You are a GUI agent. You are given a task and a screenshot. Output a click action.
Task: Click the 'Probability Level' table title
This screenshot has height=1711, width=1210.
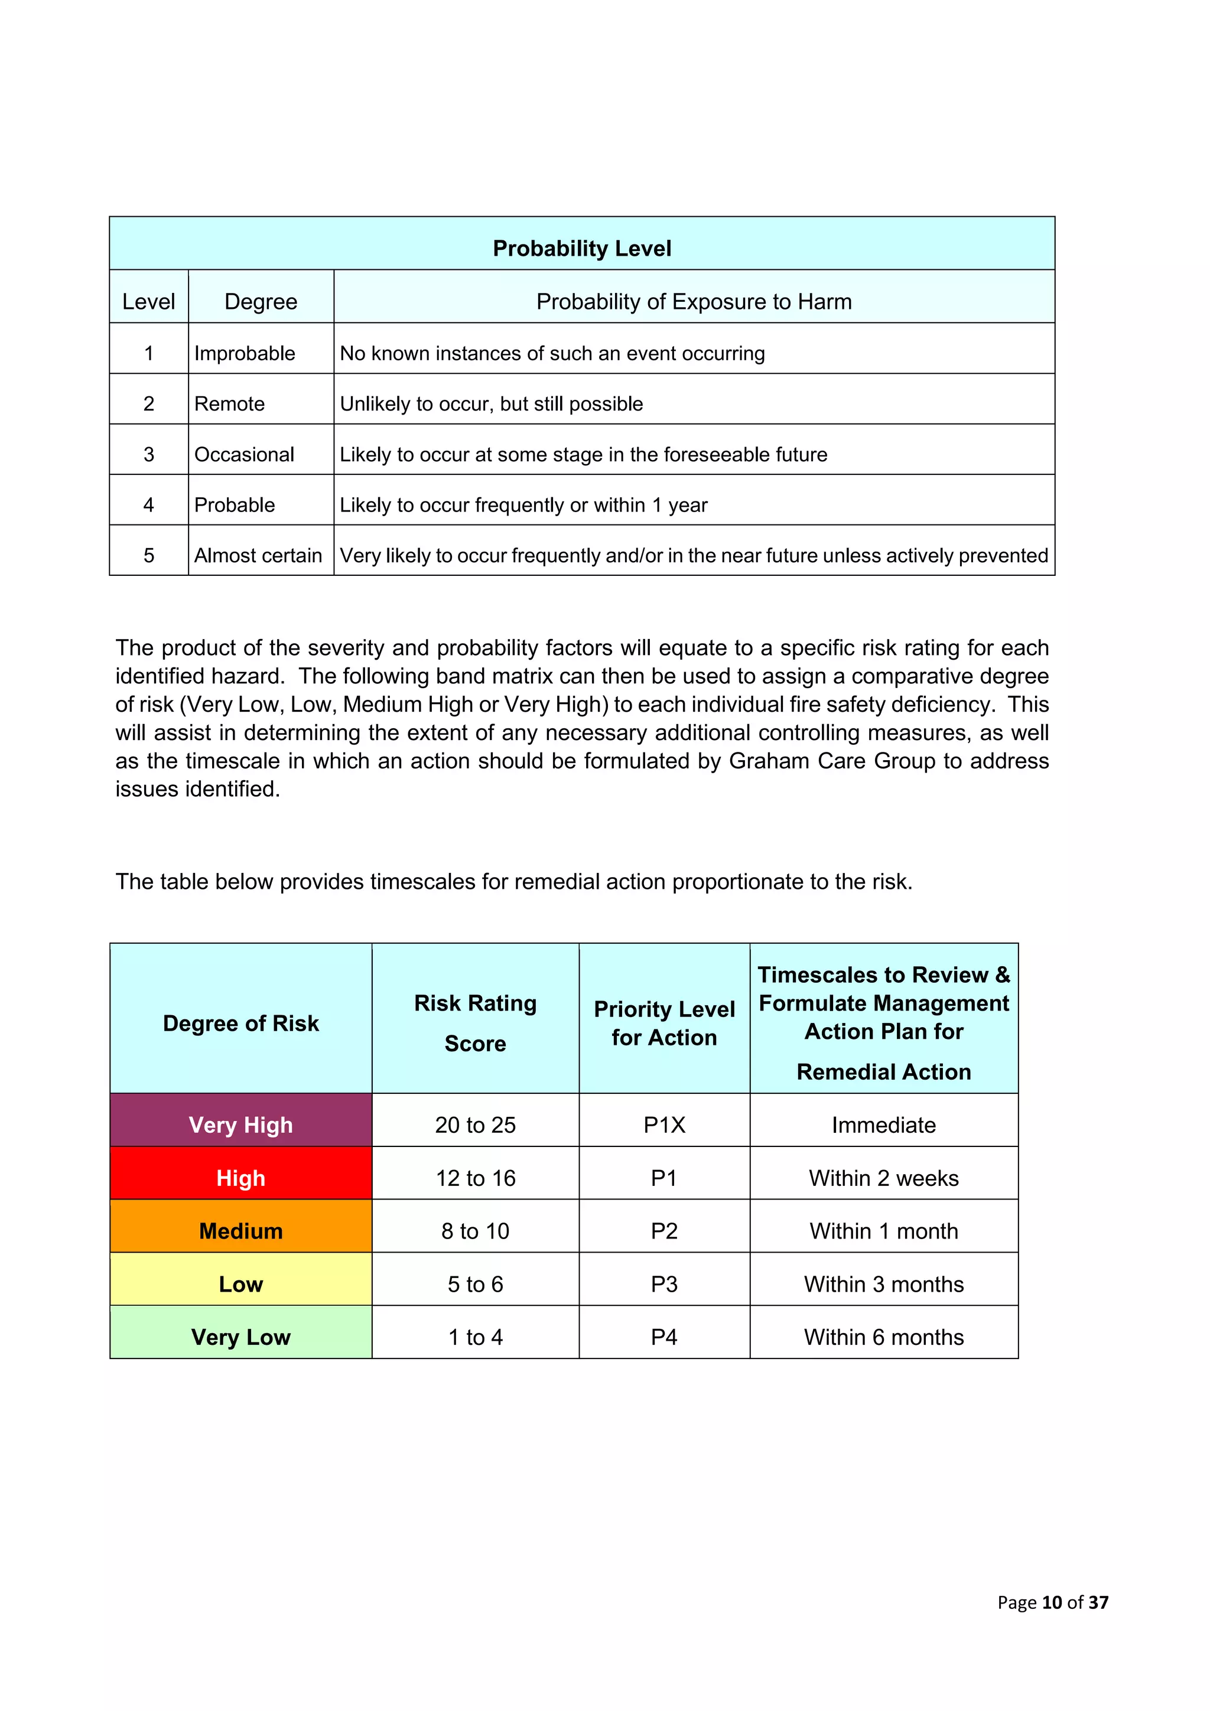pyautogui.click(x=581, y=248)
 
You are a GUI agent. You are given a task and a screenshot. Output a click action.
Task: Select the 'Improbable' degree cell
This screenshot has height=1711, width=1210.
pyautogui.click(x=245, y=353)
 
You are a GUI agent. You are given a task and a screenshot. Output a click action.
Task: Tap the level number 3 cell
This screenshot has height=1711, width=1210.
pyautogui.click(x=148, y=454)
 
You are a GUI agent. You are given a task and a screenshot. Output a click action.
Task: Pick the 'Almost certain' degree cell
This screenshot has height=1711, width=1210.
pyautogui.click(x=258, y=555)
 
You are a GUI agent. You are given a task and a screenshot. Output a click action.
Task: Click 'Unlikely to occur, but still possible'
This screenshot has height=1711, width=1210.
pyautogui.click(x=492, y=404)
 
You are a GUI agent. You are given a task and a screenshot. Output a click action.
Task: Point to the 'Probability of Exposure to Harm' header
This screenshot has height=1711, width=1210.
pyautogui.click(x=694, y=301)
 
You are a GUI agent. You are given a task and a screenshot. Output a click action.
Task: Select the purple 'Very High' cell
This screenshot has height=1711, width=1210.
pyautogui.click(x=241, y=1125)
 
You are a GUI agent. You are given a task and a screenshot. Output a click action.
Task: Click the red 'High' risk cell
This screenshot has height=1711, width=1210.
pyautogui.click(x=241, y=1178)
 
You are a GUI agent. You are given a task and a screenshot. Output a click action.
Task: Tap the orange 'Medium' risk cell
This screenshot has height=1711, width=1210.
pyautogui.click(x=241, y=1230)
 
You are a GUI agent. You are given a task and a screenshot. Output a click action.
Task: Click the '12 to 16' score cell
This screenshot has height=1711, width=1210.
pyautogui.click(x=475, y=1178)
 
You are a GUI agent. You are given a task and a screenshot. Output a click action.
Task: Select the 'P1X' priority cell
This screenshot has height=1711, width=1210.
pyautogui.click(x=663, y=1125)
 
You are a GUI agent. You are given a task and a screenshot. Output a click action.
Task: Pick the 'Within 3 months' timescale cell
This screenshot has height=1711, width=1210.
pyautogui.click(x=883, y=1284)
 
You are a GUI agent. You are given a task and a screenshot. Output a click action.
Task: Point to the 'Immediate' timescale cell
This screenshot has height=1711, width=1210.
pyautogui.click(x=883, y=1125)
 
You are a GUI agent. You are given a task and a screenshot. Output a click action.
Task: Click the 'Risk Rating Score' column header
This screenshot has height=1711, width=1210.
pyautogui.click(x=475, y=1022)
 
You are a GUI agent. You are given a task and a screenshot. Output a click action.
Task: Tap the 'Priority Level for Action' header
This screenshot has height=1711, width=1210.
pyautogui.click(x=663, y=1022)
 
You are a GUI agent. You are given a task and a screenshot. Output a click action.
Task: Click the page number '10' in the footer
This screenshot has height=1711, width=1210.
pyautogui.click(x=1051, y=1602)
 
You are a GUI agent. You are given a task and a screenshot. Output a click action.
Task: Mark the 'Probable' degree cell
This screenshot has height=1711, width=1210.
pyautogui.click(x=234, y=504)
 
